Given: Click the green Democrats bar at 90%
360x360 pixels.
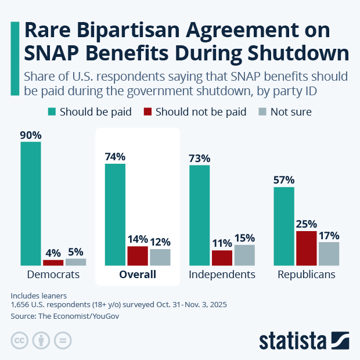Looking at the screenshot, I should (31, 203).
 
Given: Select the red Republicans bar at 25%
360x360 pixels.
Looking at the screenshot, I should (306, 248).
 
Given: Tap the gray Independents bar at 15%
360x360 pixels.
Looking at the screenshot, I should (244, 255).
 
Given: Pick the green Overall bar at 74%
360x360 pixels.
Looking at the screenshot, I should (115, 214).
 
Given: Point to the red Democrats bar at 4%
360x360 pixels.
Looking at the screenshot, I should (53, 262).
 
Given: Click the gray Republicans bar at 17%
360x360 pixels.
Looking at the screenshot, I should (329, 253).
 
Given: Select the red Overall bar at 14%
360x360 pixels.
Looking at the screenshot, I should (138, 255).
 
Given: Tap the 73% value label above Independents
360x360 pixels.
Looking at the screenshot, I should (199, 158).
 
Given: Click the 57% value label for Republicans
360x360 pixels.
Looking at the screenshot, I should (284, 179).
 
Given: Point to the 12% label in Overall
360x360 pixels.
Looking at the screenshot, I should (160, 242).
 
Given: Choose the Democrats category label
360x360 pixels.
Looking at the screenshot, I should (53, 275).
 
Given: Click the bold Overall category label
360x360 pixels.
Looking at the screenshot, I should (138, 275).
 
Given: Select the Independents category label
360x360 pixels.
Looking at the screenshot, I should (222, 275).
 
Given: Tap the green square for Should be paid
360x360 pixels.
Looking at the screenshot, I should (51, 111).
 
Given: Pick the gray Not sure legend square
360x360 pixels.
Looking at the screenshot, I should (262, 111).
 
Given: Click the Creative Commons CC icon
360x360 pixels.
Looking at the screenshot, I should (20, 340).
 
